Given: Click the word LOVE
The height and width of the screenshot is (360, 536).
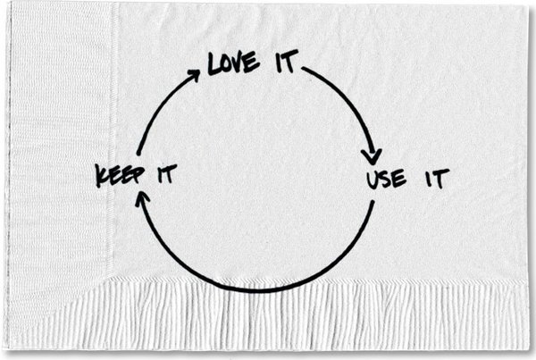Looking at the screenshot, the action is pos(233,63).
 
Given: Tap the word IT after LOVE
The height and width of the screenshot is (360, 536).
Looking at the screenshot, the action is pos(287,62).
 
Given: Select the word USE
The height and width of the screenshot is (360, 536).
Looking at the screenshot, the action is pos(387,179).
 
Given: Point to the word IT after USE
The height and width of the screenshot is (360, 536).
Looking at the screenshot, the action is pos(437,178).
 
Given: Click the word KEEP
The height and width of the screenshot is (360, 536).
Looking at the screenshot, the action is pos(120,175).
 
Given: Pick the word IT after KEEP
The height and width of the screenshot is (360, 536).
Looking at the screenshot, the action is pos(167,173).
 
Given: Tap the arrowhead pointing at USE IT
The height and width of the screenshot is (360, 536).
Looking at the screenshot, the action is pos(372,156).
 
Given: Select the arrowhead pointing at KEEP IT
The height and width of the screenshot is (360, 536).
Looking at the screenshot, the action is pos(142,198).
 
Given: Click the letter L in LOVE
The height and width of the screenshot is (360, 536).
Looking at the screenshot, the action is pos(214,64).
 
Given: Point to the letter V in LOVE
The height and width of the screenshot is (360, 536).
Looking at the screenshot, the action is pos(239,63).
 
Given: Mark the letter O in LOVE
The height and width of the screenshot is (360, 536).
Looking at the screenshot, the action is pos(227,65).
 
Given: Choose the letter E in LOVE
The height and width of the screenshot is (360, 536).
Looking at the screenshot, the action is pos(252,62).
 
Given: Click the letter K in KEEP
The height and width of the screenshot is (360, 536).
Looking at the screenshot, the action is pos(102,176).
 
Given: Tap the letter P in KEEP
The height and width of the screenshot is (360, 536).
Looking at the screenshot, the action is pos(138,174).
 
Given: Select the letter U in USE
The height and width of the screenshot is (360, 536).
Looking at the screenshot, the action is pos(373,180).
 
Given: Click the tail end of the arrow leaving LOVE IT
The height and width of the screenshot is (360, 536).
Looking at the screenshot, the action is pos(302,69).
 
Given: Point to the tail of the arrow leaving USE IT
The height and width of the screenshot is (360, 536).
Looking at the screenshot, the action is pos(373,202).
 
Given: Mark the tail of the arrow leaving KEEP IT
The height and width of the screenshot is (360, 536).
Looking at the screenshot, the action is pos(138,155).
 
